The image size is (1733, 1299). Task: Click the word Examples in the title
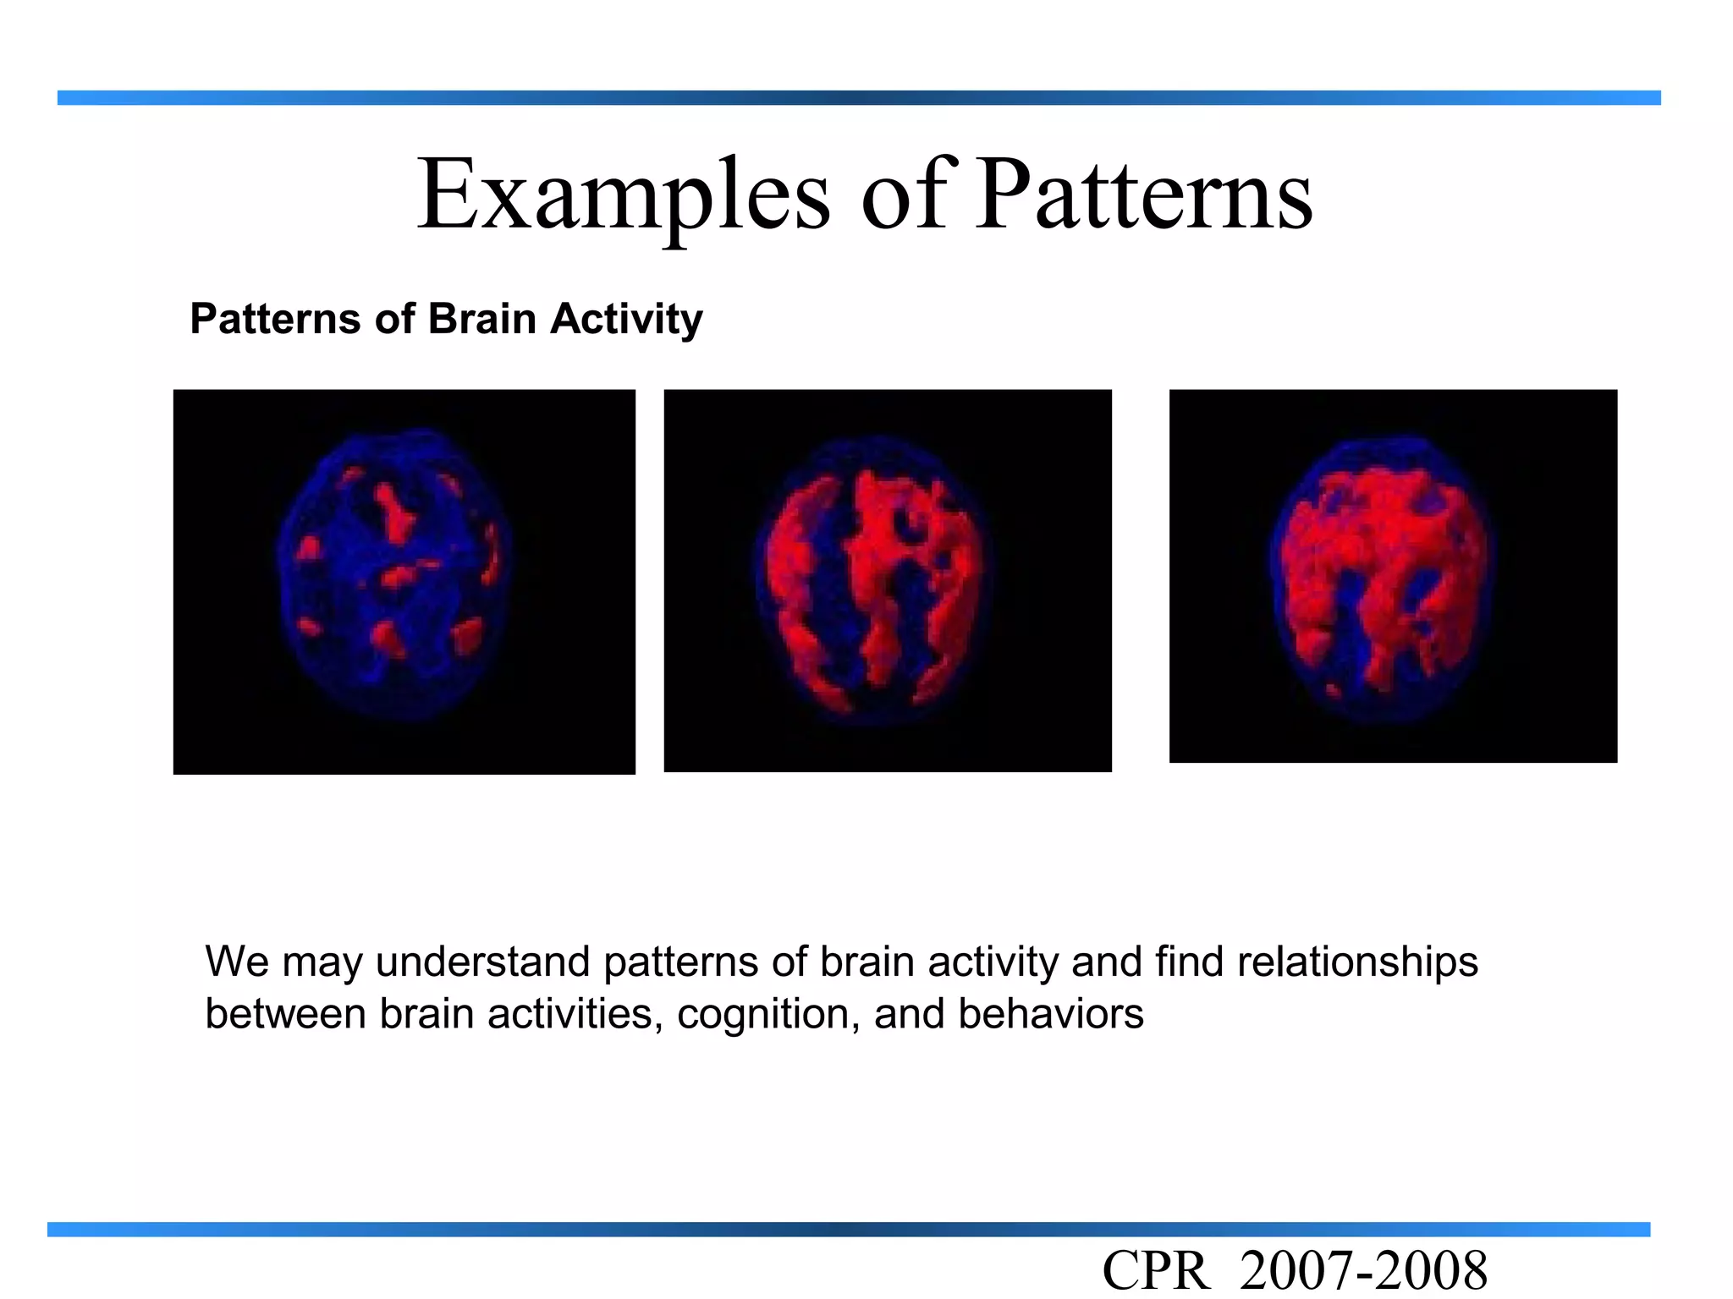pos(624,195)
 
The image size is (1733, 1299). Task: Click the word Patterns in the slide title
pos(1143,195)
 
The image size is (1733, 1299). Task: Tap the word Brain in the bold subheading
pos(482,320)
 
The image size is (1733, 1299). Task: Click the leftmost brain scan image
pos(404,581)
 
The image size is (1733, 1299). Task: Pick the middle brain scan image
pos(887,580)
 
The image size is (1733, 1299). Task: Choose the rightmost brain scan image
pos(1392,576)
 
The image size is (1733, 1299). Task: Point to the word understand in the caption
pos(482,962)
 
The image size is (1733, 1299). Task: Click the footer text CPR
pos(1155,1271)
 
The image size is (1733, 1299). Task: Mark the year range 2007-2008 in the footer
pos(1362,1271)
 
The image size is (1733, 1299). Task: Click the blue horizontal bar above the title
pos(858,98)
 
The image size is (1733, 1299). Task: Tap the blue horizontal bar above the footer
pos(848,1230)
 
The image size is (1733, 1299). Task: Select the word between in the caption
pos(285,1014)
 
